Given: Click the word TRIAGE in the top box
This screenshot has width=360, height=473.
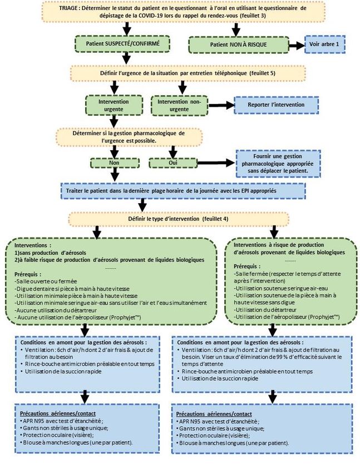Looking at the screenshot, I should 70,9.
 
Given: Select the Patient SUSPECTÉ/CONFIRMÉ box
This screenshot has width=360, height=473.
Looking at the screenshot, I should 123,43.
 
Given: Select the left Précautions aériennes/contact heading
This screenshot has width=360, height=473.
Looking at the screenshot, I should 50,413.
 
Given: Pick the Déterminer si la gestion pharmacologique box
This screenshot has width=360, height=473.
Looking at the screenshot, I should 129,137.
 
